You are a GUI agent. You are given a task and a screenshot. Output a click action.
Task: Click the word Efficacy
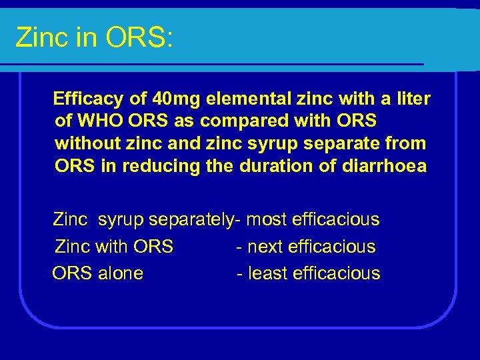[x=88, y=100]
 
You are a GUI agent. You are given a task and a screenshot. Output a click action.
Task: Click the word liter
[x=413, y=100]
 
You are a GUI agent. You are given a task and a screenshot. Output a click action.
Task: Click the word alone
[x=121, y=273]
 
